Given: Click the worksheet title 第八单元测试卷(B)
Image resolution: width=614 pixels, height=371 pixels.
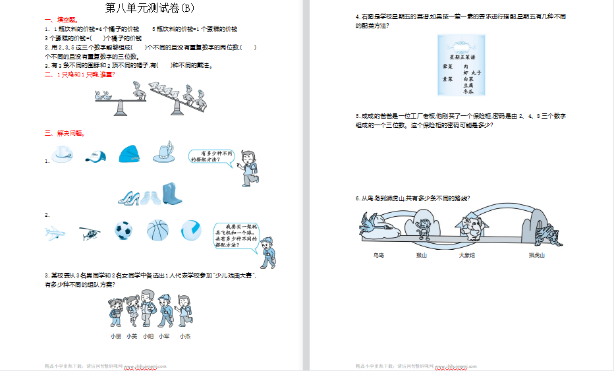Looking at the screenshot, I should (x=150, y=9).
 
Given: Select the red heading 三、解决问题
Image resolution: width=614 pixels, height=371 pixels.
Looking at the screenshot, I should (x=65, y=133).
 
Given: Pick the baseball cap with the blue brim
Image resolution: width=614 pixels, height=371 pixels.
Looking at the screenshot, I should (x=96, y=156).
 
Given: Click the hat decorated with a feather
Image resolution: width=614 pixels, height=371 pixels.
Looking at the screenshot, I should (x=163, y=153).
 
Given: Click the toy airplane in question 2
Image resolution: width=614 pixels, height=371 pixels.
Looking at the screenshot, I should (x=57, y=232).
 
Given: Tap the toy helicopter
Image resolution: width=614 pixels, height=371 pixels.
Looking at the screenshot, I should (x=89, y=231).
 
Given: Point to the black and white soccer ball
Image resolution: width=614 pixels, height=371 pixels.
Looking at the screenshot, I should (x=123, y=230).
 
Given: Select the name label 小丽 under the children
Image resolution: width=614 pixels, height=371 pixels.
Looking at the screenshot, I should (x=116, y=336).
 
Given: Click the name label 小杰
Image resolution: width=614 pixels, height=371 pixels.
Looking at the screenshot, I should (x=185, y=336).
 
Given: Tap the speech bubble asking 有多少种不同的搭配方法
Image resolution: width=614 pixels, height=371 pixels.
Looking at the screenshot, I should (x=212, y=156).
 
